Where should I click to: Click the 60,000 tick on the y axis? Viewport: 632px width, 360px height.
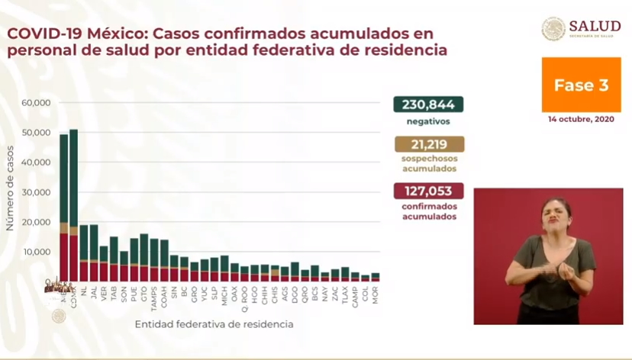(36, 103)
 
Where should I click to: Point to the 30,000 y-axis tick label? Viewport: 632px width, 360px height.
(36, 192)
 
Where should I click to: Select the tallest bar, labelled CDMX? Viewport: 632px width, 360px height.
(73, 206)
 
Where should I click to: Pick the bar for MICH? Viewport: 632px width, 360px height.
(224, 268)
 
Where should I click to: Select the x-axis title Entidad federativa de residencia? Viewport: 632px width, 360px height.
(214, 325)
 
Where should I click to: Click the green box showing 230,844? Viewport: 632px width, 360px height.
(428, 105)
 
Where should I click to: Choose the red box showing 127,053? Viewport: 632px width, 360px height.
(428, 191)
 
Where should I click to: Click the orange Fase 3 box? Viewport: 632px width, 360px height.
(581, 85)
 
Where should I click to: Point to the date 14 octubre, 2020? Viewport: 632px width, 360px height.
(581, 119)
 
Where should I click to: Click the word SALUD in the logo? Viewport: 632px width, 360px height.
(594, 26)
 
